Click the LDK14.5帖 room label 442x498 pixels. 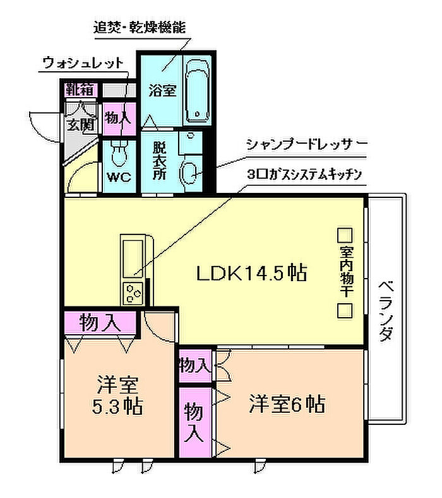tap(251, 273)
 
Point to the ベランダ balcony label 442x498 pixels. tap(386, 310)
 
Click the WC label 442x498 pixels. tap(118, 177)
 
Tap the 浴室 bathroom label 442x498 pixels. tap(162, 90)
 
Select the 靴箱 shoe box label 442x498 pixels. tap(80, 88)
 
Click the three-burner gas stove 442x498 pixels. tap(134, 293)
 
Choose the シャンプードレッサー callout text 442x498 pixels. tap(307, 144)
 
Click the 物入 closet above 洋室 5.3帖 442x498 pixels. tap(100, 323)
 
